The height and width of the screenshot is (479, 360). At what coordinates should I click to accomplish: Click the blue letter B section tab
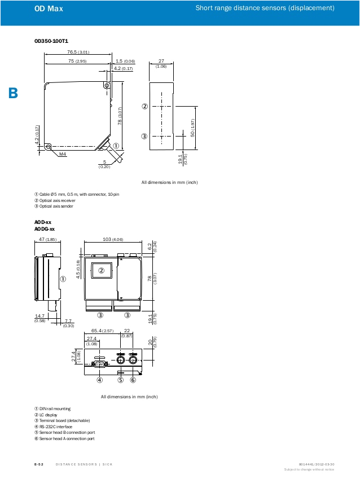(x=13, y=93)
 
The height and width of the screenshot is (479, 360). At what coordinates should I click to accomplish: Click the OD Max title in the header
(x=49, y=8)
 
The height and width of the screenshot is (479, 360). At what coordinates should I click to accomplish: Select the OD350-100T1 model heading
(x=51, y=41)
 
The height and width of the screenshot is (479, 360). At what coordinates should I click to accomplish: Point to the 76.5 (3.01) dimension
(x=78, y=52)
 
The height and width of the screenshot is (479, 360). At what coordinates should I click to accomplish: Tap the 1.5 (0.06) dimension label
(x=125, y=61)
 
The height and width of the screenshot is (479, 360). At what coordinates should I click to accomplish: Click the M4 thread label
(x=63, y=154)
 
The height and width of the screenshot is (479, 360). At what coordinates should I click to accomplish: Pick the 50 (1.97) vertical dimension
(x=192, y=128)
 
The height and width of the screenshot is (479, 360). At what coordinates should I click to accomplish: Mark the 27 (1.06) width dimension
(x=161, y=63)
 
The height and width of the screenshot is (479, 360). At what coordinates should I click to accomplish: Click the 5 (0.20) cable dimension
(x=104, y=164)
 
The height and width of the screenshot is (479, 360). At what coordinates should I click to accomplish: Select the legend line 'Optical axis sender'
(x=54, y=206)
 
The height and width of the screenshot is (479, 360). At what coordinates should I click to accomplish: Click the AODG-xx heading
(x=45, y=229)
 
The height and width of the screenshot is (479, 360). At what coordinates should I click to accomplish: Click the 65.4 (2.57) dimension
(x=103, y=331)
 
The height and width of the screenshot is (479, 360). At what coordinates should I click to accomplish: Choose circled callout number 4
(x=99, y=380)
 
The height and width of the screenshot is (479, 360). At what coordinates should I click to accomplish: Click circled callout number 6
(x=133, y=380)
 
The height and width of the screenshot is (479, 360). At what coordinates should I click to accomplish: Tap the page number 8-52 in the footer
(x=39, y=464)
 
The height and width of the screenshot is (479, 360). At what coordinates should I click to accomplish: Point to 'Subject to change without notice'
(x=309, y=469)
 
